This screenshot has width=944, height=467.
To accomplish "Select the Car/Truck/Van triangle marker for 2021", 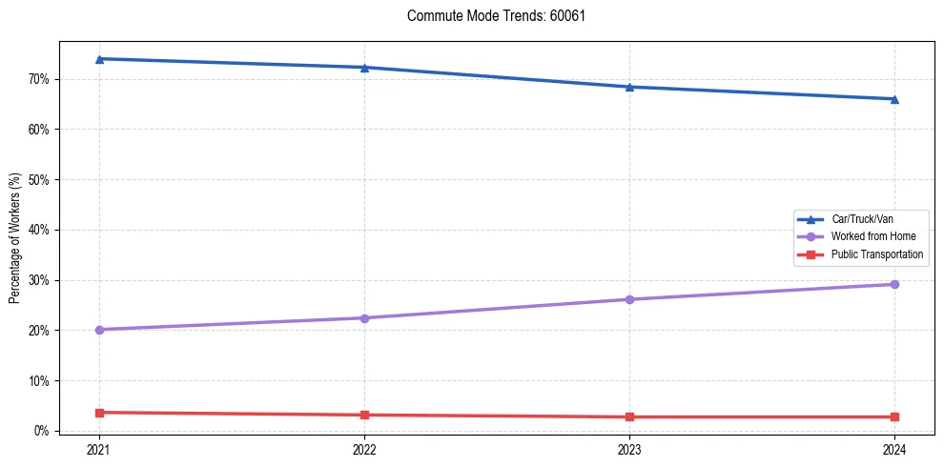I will coord(99,59).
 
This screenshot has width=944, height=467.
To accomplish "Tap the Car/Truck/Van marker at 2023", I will coord(629,87).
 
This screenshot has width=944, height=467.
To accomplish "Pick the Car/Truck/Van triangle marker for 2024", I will coord(894,99).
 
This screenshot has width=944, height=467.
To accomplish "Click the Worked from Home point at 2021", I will coord(99,330).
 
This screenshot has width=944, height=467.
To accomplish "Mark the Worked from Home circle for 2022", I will coord(364,318).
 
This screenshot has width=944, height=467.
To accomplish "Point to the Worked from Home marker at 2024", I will coord(894,284).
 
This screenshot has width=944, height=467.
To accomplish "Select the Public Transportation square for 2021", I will coord(99,413).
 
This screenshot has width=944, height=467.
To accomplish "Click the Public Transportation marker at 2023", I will coord(629,416).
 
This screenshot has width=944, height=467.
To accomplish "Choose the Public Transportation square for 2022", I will coord(364,415).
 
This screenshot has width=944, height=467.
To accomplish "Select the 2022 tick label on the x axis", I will coord(364,450).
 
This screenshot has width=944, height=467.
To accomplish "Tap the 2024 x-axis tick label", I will coord(894,450).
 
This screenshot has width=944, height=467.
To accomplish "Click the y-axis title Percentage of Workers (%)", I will coord(14,238).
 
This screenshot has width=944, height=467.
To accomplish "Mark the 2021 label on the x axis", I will coord(99,450).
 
